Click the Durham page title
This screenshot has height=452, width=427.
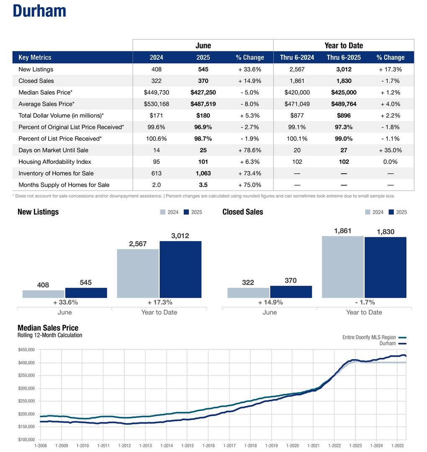point(39,11)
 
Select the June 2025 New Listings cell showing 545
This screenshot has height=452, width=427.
point(203,69)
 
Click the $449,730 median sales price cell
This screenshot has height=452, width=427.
point(157,92)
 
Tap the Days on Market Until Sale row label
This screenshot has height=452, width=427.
point(53,150)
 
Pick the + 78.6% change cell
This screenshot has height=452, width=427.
point(250,150)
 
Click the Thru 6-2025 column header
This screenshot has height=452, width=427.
point(344,58)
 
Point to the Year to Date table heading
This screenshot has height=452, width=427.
point(344,46)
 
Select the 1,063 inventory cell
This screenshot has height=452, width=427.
point(203,173)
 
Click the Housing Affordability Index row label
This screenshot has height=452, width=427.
point(55,162)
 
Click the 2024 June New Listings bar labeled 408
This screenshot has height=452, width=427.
point(43,294)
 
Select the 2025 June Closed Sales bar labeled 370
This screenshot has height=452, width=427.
point(291,292)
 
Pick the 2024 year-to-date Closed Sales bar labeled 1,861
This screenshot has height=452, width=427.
point(342,267)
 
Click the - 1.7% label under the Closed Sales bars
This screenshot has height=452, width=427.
point(364,302)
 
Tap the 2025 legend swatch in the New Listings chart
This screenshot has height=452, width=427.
point(186,212)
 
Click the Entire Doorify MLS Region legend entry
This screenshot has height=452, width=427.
point(369,337)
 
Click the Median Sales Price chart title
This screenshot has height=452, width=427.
point(48,328)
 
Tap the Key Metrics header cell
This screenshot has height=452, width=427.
point(35,58)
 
